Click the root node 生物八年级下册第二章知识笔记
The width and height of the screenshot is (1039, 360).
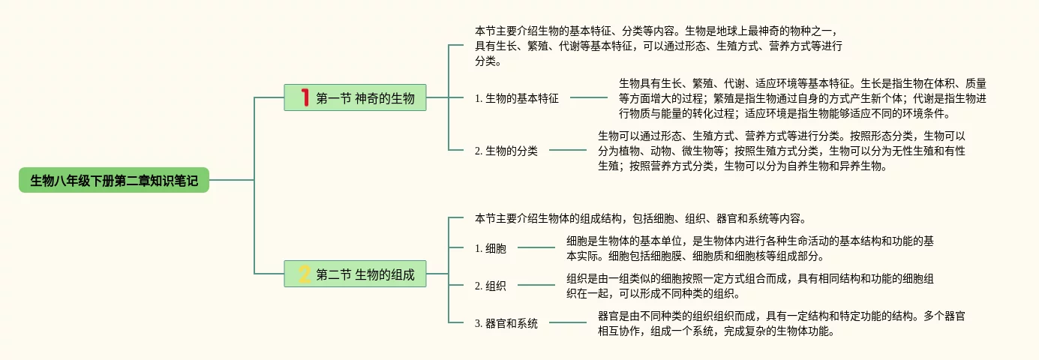(114, 181)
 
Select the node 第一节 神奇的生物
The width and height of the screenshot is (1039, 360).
(356, 97)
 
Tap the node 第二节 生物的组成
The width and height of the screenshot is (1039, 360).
(356, 274)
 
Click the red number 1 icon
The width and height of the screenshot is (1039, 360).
(305, 97)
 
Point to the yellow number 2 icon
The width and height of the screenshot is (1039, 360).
(305, 274)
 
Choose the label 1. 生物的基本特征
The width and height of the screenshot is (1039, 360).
(517, 98)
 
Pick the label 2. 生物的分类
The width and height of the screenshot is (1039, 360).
(506, 151)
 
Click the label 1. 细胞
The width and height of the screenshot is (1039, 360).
(491, 248)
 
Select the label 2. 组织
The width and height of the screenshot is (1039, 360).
(491, 286)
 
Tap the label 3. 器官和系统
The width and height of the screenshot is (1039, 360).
(506, 324)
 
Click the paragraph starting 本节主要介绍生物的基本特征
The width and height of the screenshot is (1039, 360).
(659, 46)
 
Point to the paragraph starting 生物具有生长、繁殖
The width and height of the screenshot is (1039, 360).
(802, 98)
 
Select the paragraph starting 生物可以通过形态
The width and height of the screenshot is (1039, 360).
(781, 151)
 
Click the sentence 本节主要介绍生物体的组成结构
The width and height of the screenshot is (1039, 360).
(640, 219)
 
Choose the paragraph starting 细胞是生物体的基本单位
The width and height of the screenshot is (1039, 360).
(749, 248)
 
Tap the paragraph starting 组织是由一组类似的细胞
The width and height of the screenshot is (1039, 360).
(749, 286)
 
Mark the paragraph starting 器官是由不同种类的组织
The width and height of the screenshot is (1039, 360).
(781, 323)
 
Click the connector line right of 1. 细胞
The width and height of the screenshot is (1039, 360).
(536, 247)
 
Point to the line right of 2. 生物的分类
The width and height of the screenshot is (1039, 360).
(568, 151)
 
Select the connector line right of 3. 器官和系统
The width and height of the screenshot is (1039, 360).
(568, 323)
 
